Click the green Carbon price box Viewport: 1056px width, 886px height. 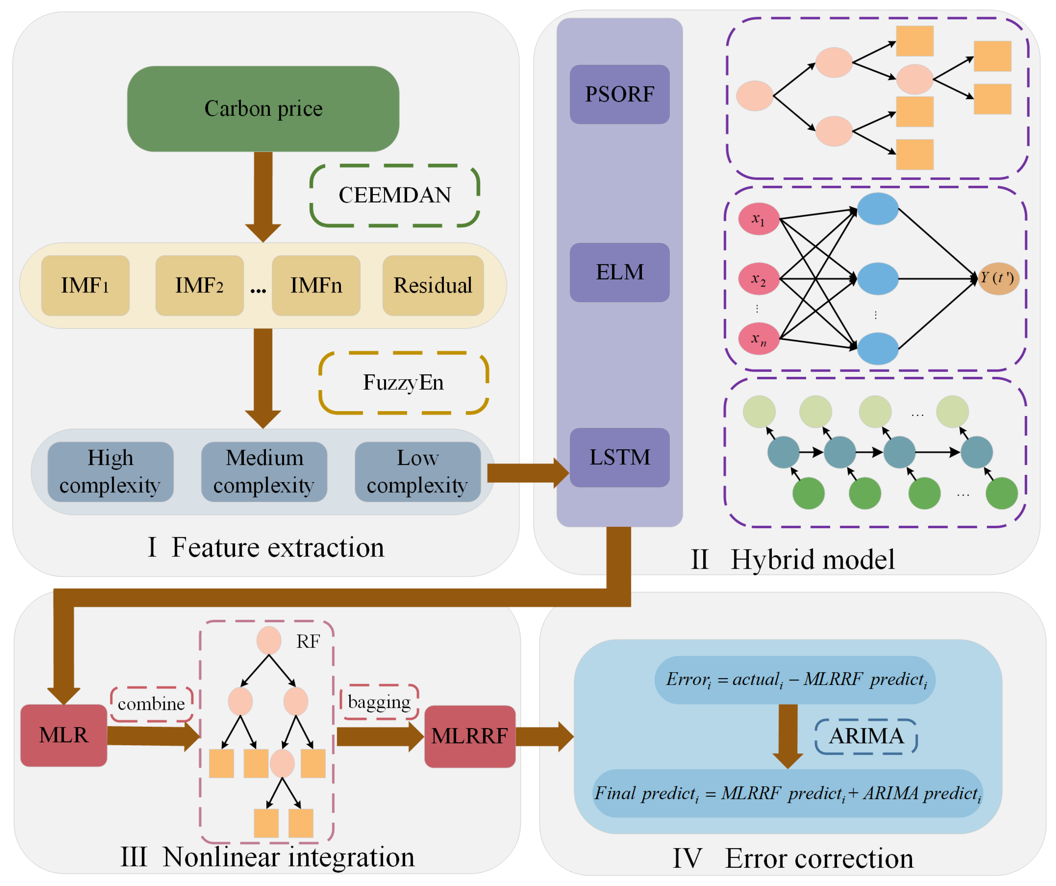pos(263,109)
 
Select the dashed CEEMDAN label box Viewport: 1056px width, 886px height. pos(395,195)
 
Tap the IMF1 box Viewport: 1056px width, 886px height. pos(85,285)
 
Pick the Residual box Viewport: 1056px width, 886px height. pos(433,285)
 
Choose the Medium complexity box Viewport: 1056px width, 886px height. pos(264,471)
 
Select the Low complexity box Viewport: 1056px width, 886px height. pos(417,471)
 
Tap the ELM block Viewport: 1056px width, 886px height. pos(619,272)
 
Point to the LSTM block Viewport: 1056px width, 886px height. pos(619,457)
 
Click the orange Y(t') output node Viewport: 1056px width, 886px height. pos(998,278)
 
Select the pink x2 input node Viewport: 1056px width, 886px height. pos(758,278)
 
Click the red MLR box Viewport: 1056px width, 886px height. pos(63,735)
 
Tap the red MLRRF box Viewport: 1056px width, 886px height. pos(470,736)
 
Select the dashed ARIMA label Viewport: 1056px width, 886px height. pos(866,736)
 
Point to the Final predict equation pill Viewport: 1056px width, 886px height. pos(787,794)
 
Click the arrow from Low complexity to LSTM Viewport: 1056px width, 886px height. pos(526,472)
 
